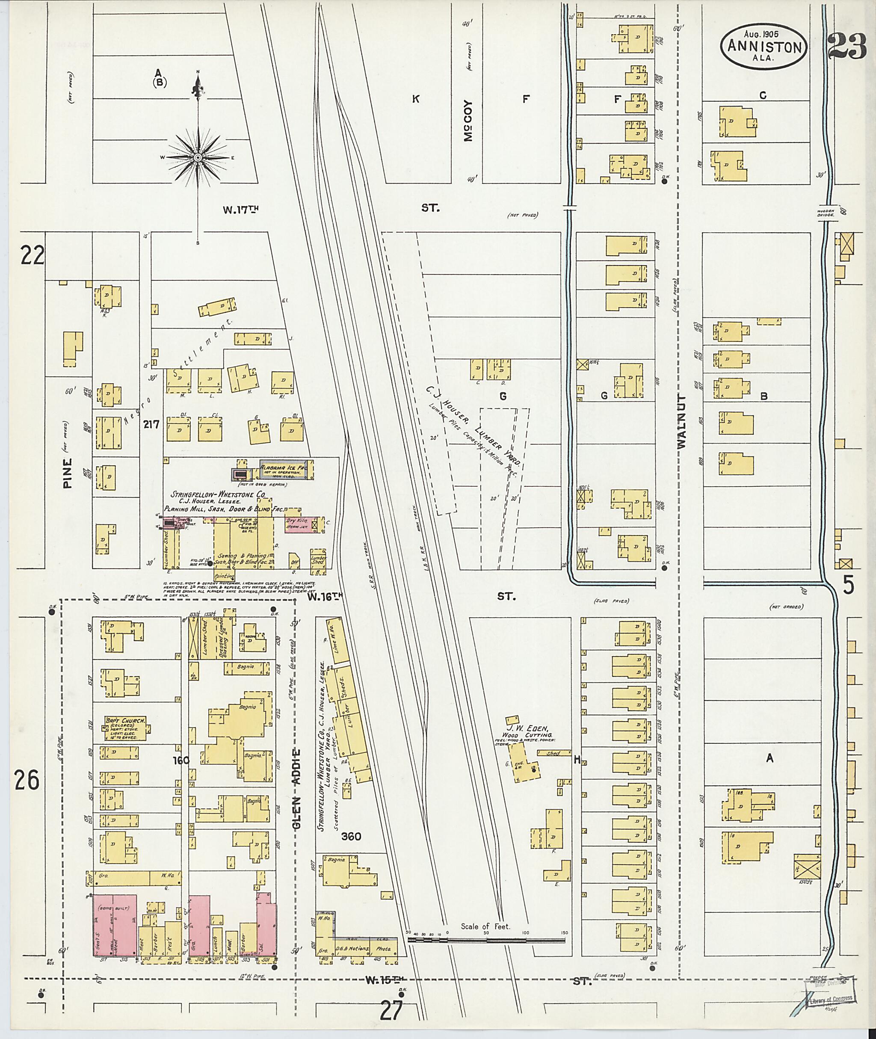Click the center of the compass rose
[198, 157]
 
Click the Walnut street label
[681, 422]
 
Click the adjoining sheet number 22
[32, 256]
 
